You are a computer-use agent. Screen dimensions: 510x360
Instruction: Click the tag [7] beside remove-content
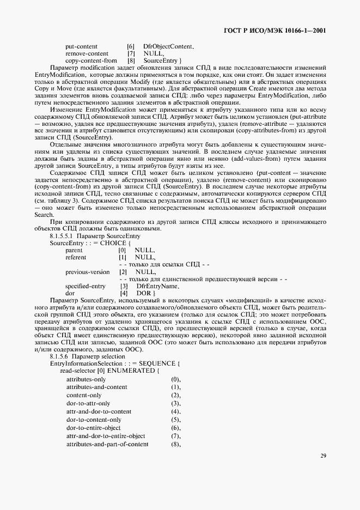tap(131, 53)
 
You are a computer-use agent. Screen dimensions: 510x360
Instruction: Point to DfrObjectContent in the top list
tap(168, 47)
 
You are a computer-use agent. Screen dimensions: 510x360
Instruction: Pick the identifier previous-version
tap(87, 271)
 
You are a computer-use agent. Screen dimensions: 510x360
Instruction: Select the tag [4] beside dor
tap(124, 293)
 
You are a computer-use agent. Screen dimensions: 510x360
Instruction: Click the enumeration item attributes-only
tap(86, 378)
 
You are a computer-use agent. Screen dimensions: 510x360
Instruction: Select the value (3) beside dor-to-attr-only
tap(175, 403)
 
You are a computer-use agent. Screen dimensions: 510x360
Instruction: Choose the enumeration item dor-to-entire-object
tap(94, 428)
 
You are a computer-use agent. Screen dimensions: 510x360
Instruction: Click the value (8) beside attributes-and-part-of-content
tap(175, 445)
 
